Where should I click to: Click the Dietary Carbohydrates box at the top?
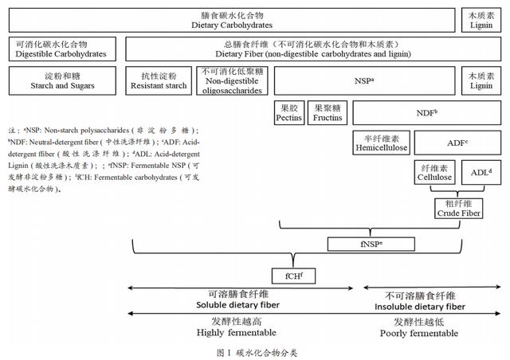232,20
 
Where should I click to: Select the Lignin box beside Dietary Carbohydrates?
481,20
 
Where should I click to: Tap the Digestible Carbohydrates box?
62,49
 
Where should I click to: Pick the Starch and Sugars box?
62,81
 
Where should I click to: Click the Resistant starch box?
159,81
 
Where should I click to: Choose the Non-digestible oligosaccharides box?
232,81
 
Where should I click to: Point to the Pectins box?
288,113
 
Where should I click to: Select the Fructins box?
328,113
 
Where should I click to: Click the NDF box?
427,113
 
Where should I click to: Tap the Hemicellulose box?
381,143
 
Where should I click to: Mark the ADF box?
457,143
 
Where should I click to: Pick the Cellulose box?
434,172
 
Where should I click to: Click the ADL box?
481,172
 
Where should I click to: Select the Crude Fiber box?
459,209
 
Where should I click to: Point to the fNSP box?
371,244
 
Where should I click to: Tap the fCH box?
293,276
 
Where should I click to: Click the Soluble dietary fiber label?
237,305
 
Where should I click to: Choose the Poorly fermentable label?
419,334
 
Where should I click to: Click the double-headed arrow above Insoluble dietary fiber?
432,288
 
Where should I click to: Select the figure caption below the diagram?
257,353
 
